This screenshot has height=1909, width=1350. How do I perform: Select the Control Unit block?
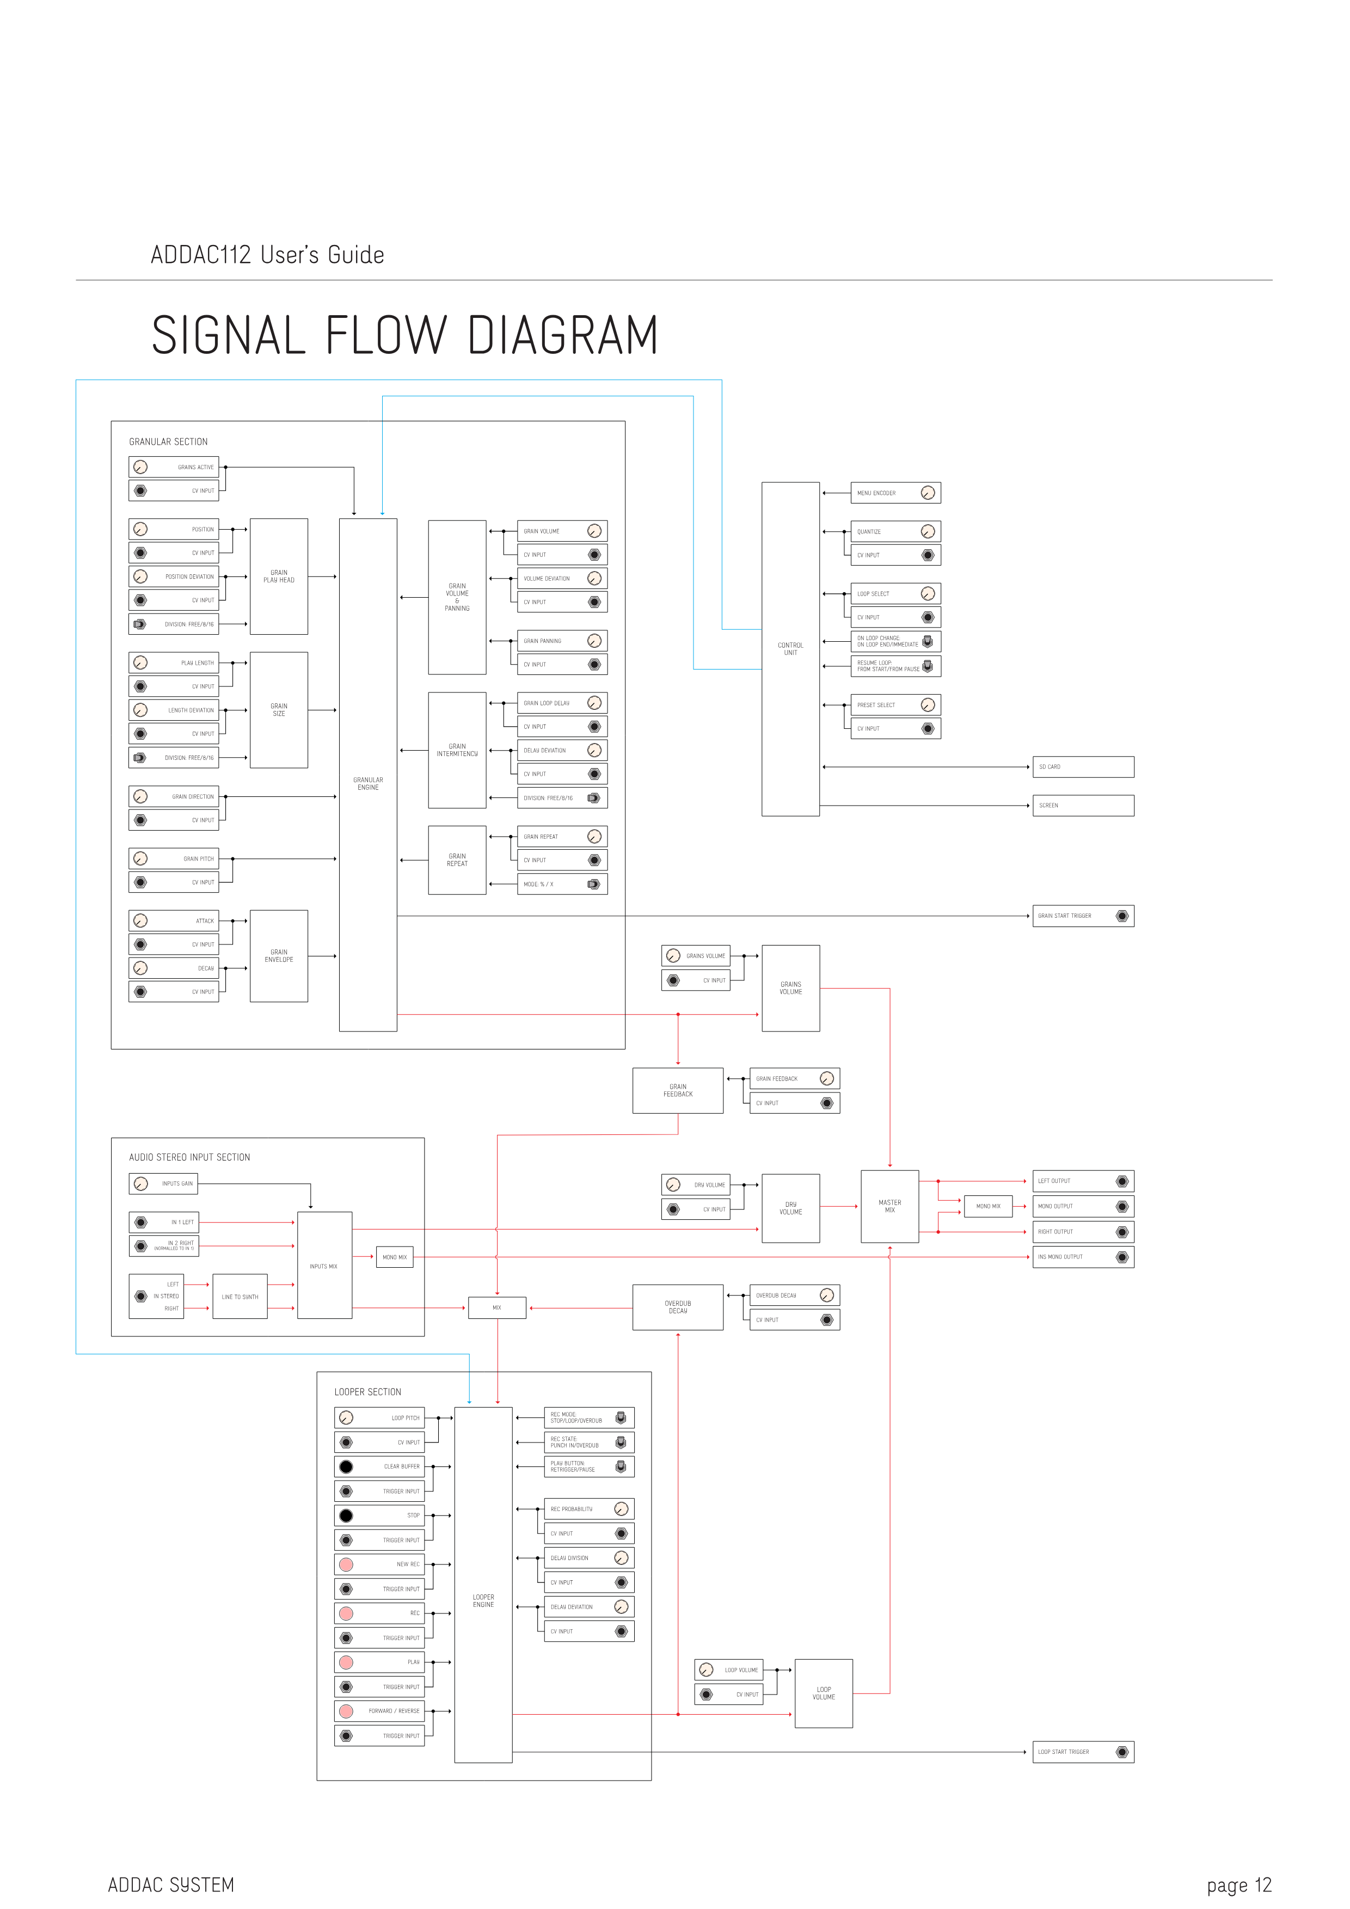[790, 648]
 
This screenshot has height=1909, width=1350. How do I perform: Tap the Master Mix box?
[889, 1206]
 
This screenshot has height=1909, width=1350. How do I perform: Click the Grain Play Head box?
[279, 576]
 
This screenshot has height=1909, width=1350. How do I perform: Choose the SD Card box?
[1083, 766]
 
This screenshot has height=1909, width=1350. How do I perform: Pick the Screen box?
[1083, 806]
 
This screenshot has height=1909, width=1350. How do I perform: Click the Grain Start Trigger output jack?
[1122, 916]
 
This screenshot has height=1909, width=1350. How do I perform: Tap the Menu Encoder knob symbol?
[928, 493]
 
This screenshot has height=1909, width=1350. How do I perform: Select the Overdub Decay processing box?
[678, 1307]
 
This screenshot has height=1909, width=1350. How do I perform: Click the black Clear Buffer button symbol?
[347, 1466]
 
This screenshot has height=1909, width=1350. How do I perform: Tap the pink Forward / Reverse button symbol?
[347, 1711]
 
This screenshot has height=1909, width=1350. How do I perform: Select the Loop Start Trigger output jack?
[1122, 1752]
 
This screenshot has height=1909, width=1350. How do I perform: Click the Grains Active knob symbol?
[140, 467]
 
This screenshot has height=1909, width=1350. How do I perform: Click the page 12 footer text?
[1238, 1885]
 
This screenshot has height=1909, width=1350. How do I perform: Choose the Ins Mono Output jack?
[1122, 1257]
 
